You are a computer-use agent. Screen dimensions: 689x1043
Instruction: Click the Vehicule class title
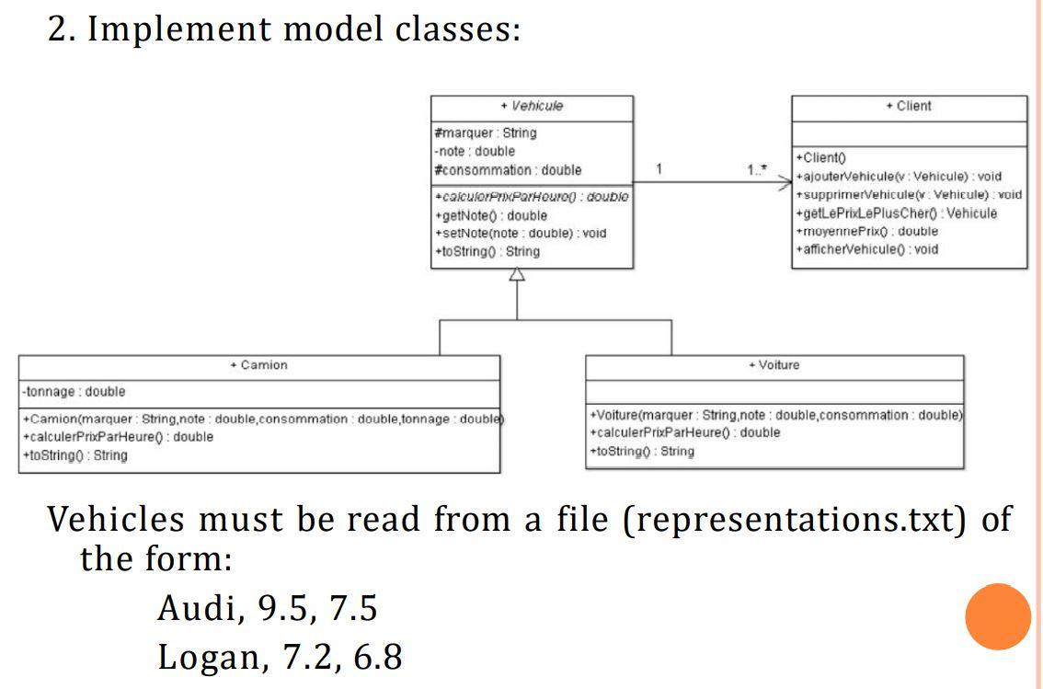click(532, 107)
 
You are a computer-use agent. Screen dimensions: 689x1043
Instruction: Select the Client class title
click(909, 107)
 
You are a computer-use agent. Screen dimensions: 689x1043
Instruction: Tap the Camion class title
click(259, 366)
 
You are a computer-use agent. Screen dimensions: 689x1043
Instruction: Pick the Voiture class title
click(774, 365)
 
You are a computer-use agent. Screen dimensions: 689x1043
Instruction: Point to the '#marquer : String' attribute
click(485, 133)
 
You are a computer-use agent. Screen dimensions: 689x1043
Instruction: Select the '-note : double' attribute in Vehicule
click(475, 152)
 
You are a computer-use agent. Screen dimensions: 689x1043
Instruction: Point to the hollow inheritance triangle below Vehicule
click(517, 275)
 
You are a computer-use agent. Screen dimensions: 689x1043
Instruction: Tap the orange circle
click(998, 616)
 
